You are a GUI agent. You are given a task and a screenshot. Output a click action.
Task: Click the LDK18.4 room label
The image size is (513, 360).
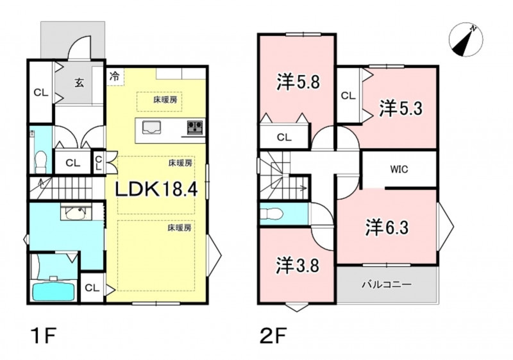pyautogui.click(x=156, y=189)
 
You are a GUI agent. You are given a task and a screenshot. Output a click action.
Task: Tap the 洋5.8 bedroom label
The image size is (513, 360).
pyautogui.click(x=298, y=82)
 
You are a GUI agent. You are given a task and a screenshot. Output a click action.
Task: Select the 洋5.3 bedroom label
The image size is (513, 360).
pyautogui.click(x=401, y=108)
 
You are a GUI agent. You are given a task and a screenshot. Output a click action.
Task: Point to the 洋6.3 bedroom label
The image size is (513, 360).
pyautogui.click(x=387, y=227)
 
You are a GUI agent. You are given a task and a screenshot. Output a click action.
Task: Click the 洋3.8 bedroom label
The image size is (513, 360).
pyautogui.click(x=298, y=265)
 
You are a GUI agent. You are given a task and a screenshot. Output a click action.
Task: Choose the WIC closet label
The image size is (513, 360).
pyautogui.click(x=399, y=169)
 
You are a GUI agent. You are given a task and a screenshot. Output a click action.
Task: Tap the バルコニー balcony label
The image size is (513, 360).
pyautogui.click(x=387, y=284)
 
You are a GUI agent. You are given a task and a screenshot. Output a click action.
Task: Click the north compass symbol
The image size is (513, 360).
pyautogui.click(x=466, y=40)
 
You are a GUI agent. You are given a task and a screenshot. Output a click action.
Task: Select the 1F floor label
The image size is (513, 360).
pyautogui.click(x=44, y=336)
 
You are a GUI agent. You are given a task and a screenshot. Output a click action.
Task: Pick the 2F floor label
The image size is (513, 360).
pyautogui.click(x=273, y=336)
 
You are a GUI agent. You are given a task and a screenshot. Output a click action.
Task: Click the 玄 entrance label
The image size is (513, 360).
pyautogui.click(x=80, y=83)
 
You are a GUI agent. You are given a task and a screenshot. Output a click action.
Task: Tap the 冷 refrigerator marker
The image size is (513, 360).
pyautogui.click(x=115, y=76)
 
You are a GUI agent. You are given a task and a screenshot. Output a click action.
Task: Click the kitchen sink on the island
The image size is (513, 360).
pyautogui.click(x=151, y=127)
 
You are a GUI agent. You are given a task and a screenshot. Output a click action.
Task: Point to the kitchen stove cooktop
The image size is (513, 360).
pyautogui.click(x=195, y=127)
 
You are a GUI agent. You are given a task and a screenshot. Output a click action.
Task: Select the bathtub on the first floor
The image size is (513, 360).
pyautogui.click(x=54, y=290)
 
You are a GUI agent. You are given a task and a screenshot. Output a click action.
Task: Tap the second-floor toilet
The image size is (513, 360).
pyautogui.click(x=271, y=214)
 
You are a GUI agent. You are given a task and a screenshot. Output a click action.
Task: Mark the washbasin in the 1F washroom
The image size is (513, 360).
pyautogui.click(x=78, y=213)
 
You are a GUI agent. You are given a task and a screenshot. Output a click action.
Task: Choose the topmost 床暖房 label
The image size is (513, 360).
pyautogui.click(x=165, y=100)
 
